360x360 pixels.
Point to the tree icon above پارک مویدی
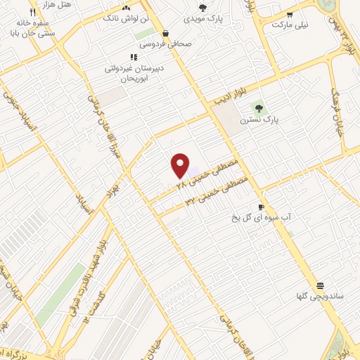202,8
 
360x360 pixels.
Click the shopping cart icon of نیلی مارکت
290,14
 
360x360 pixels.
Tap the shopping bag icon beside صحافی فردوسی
165,33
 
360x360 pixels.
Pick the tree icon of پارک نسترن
259,108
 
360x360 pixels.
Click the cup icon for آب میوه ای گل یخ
261,207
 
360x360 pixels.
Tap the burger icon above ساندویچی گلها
320,285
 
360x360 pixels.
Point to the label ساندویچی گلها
319,297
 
